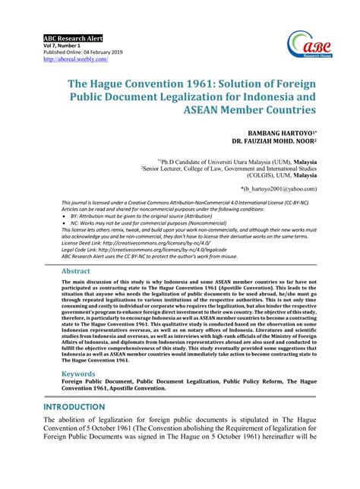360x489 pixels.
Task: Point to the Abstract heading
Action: click(x=76, y=270)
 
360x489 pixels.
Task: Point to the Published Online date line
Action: click(x=84, y=51)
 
